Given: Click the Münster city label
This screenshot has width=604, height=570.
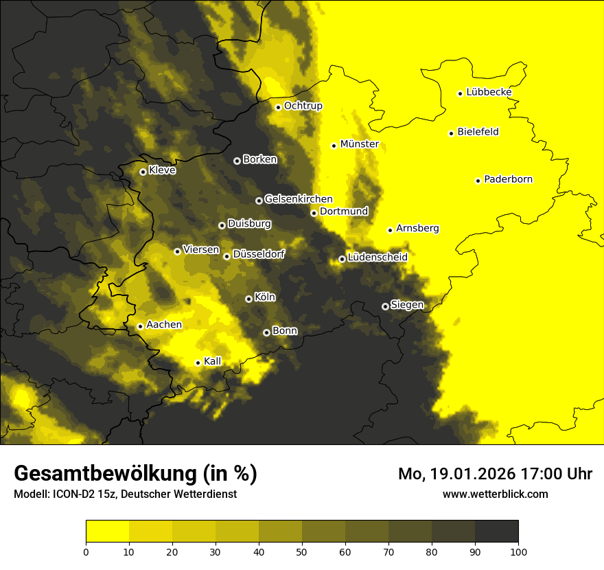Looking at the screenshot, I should point(359,144).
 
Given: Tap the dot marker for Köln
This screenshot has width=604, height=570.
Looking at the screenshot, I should point(248,299).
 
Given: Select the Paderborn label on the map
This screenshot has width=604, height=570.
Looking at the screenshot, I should point(508,179).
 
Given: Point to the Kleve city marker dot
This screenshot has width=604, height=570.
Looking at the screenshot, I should point(143,172).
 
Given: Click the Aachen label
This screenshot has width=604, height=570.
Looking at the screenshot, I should point(164,325).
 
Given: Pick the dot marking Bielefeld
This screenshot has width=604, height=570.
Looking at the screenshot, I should point(452,133).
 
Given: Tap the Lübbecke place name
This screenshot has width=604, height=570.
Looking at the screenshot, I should point(489,92).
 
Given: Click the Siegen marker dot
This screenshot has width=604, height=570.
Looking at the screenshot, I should point(385,306).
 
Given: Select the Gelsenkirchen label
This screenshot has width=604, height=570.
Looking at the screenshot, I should point(299,199).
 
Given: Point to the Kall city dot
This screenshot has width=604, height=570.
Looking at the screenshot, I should point(198,363).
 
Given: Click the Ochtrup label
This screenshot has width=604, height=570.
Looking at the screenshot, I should point(303,106).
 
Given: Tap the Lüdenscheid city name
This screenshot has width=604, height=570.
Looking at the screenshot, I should point(377,257).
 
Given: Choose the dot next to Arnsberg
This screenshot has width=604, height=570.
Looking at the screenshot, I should point(390,230).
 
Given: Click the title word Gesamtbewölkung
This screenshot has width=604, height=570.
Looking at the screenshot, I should point(102,474).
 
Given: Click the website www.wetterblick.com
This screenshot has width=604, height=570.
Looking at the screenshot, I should point(495,494).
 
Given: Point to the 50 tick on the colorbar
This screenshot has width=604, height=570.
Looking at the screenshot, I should point(302,551).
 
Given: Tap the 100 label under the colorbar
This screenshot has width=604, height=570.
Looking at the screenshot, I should point(518,551).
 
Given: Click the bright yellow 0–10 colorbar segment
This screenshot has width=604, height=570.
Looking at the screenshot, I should point(108,531).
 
